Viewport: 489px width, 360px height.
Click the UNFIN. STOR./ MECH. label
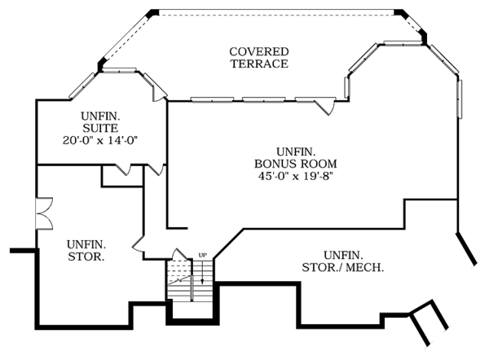342,261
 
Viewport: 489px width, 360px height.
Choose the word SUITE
100,128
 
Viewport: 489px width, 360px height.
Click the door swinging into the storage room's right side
138,242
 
